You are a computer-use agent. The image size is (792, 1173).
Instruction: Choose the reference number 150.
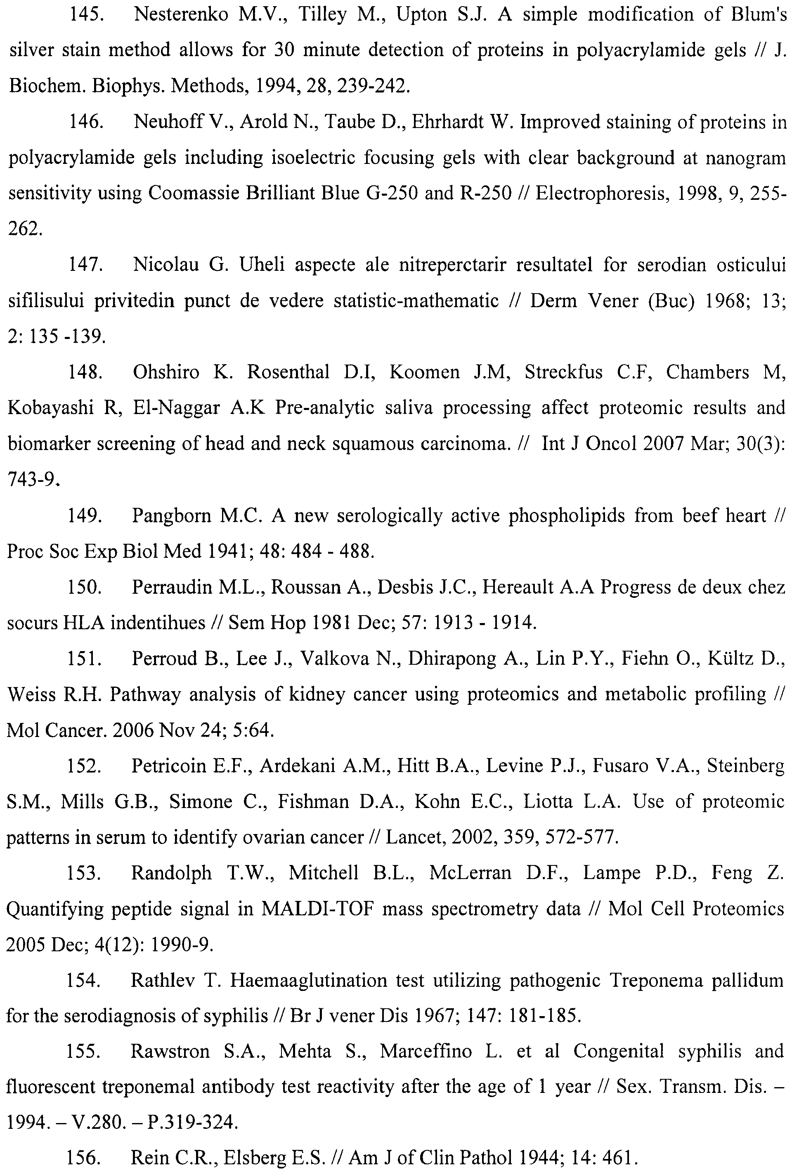tap(85, 588)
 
